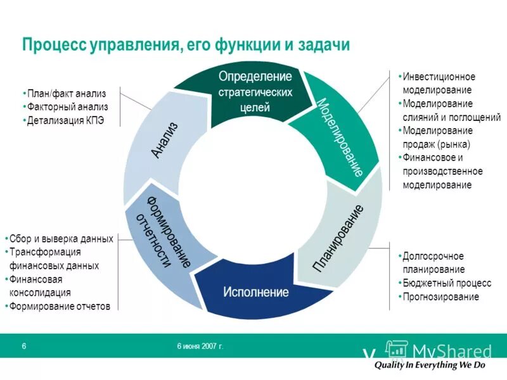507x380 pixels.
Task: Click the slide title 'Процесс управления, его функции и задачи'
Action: coord(186,45)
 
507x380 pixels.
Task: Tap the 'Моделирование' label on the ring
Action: coord(340,137)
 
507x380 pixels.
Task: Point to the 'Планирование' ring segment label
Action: coord(338,239)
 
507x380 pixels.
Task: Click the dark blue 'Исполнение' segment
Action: coord(255,293)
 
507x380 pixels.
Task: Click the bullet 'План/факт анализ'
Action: coord(65,94)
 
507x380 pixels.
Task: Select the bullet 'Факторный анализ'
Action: coord(67,106)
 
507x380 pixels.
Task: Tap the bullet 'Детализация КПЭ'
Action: coord(65,120)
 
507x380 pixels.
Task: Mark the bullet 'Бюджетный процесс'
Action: coord(446,283)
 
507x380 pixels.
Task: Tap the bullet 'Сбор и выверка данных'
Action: coord(61,239)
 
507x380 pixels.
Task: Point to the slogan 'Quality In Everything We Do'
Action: coord(429,365)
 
